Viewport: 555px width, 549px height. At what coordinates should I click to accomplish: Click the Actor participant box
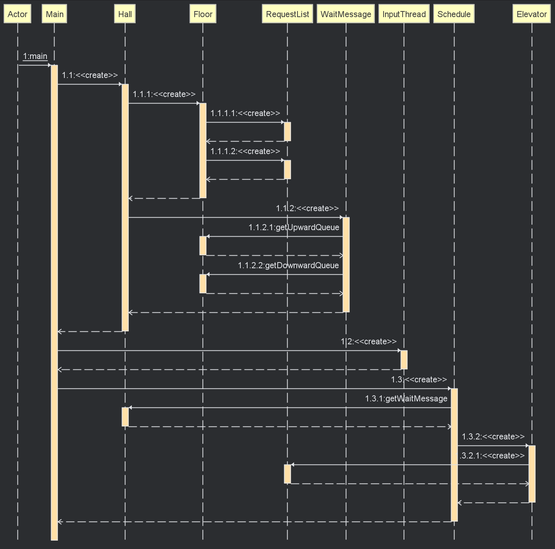17,14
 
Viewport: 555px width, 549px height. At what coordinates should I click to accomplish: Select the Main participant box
54,14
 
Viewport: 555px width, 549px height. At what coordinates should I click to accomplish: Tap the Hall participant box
125,14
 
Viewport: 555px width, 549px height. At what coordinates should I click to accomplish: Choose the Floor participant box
203,14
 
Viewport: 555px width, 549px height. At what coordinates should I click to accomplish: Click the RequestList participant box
288,14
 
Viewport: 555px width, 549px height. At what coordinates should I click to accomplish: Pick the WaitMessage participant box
346,14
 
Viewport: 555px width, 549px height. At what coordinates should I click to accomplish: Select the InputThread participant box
404,14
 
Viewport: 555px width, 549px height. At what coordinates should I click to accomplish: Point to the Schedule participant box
454,14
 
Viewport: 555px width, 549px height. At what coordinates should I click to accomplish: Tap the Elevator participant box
532,14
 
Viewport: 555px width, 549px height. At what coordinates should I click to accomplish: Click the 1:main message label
35,56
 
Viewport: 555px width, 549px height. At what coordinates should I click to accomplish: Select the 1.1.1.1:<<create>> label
245,113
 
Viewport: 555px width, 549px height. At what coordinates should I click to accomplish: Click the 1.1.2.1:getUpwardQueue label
294,227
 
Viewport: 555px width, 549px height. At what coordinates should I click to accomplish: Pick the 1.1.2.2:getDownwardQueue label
288,265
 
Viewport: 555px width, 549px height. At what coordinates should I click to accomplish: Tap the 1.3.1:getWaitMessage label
406,398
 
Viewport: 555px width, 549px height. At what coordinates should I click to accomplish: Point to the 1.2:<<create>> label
369,342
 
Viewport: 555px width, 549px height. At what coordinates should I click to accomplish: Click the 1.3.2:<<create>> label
493,436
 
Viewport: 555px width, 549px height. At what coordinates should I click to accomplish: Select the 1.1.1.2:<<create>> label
245,151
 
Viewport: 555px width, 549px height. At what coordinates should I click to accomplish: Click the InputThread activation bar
404,360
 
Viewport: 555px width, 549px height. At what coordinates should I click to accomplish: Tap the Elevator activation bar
532,474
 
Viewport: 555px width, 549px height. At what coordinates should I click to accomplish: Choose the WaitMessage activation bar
346,265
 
